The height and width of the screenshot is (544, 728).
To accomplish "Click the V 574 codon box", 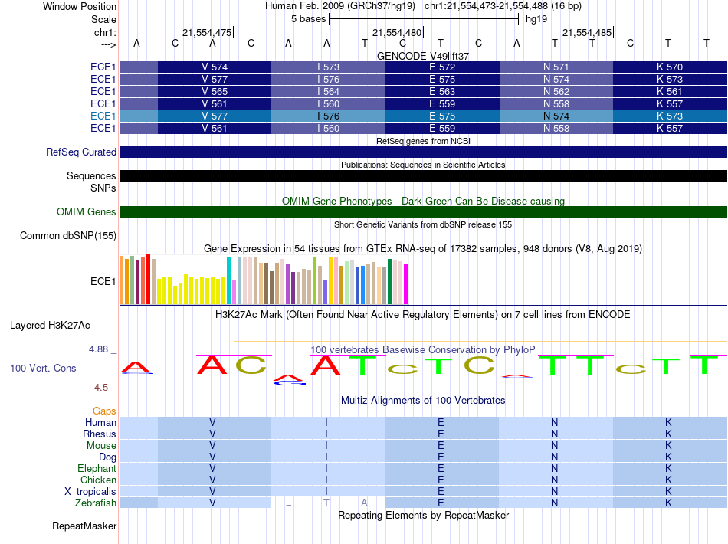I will pos(215,67).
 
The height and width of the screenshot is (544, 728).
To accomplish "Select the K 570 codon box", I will pos(670,67).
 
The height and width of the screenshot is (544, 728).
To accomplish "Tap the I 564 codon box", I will pos(328,92).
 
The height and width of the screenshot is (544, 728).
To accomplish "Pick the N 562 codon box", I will pos(556,92).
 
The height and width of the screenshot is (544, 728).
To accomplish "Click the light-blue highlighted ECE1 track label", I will pos(103,116).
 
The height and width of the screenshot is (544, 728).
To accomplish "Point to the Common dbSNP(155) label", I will pos(68,236).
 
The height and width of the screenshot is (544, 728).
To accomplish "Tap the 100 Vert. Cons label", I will pos(43,369).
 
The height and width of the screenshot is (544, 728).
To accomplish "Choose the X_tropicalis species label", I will pos(90,491).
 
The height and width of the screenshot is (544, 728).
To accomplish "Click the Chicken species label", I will pos(99,480).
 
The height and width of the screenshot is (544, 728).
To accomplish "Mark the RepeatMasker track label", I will pos(84,526).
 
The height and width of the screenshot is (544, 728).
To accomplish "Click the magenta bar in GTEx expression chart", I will pos(406,283).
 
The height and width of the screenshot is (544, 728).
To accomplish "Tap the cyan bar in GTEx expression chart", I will pos(229,280).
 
